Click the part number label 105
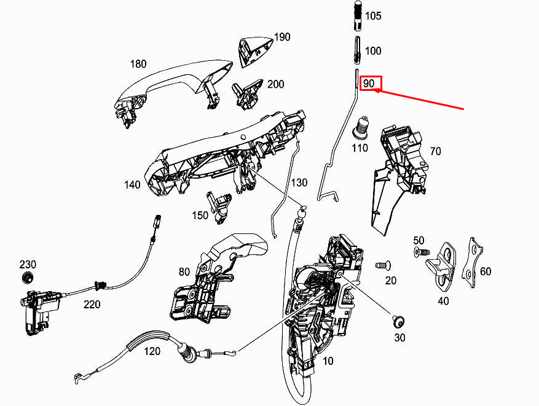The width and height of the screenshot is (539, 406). tap(373, 16)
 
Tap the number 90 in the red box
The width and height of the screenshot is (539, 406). tap(369, 84)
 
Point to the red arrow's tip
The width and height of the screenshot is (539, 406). tap(374, 90)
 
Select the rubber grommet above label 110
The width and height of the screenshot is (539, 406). tap(360, 129)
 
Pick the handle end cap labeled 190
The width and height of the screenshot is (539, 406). tap(254, 51)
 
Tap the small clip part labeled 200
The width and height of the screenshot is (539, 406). tap(248, 95)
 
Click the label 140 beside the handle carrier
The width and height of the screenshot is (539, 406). tap(132, 185)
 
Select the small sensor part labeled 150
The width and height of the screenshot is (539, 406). tap(219, 207)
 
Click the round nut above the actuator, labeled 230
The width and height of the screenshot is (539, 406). tap(27, 277)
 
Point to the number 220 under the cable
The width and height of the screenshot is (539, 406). tap(92, 304)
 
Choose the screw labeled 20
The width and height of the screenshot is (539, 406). tap(383, 265)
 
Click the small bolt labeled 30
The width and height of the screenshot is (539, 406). tap(398, 322)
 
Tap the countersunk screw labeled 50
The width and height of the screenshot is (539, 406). tap(422, 252)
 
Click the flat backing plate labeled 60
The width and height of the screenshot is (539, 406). tap(472, 262)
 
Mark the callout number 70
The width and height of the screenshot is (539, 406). tap(435, 152)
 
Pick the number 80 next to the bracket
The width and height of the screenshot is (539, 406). tap(184, 272)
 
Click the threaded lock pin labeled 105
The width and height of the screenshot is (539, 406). tap(358, 15)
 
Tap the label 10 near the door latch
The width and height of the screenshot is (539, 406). tap(328, 361)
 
